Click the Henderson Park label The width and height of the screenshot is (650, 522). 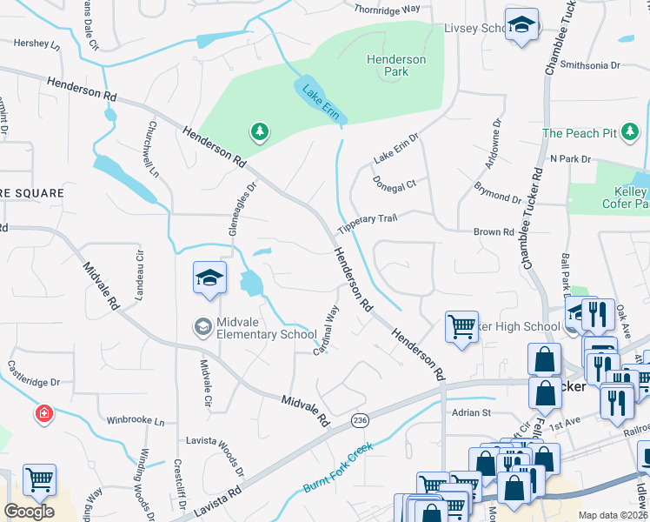click(396, 65)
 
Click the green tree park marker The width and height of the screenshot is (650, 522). click(259, 132)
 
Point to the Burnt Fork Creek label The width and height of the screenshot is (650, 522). click(337, 468)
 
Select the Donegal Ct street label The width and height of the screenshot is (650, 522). click(395, 184)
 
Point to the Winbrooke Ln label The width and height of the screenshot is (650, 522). click(135, 421)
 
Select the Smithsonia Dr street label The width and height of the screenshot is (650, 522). click(591, 65)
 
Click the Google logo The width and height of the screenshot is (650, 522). click(29, 512)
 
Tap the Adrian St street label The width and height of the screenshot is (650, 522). click(468, 412)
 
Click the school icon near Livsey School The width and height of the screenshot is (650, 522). click(521, 25)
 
